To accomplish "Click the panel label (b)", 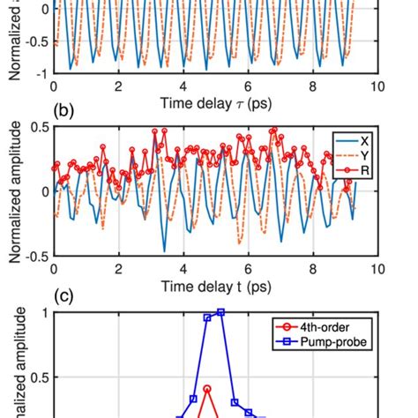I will click(x=64, y=114).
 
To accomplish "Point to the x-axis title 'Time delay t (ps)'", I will click(x=216, y=287).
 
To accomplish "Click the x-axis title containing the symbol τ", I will click(x=216, y=104).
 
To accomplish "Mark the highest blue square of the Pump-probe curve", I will click(x=220, y=312).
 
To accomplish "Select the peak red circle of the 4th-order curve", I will click(x=207, y=388).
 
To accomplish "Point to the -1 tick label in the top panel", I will click(x=41, y=73).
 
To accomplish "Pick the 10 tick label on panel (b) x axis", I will click(x=378, y=270).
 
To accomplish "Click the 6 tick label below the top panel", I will click(x=249, y=86).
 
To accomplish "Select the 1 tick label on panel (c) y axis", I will click(x=44, y=311).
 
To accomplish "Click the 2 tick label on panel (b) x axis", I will click(x=119, y=270).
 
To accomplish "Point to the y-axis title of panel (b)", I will click(x=15, y=191).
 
